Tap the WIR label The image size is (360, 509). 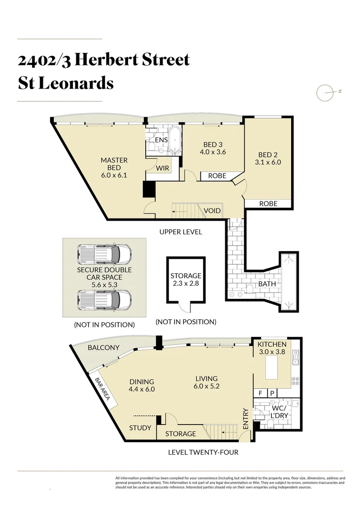pos(163,168)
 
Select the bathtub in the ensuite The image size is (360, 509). pos(175,140)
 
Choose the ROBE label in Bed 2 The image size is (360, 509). pos(268,204)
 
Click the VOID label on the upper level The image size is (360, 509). pos(212,211)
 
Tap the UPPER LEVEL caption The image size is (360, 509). pos(180,232)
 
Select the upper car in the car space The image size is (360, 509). pos(104,254)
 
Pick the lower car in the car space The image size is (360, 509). pos(104,300)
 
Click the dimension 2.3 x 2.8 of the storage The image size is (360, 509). pos(186,284)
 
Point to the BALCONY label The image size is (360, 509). pos(104,348)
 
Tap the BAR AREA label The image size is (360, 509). pos(102,389)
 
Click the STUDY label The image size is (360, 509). pos(140,428)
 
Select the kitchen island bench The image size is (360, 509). pos(274,368)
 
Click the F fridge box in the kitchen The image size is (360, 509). pos(259,393)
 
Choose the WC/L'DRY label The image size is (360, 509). pos(279,411)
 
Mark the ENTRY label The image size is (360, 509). pos(245,419)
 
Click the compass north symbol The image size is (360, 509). pos(325,93)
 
